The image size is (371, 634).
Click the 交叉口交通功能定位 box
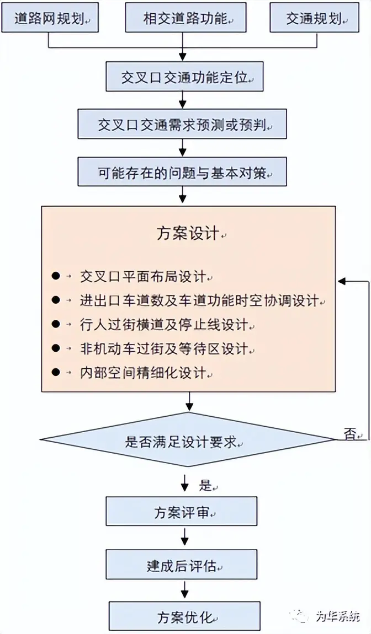click(184, 77)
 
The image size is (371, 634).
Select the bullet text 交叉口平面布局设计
click(143, 276)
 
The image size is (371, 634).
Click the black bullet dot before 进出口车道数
click(55, 300)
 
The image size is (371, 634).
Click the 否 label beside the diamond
click(350, 434)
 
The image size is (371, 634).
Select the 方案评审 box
click(182, 512)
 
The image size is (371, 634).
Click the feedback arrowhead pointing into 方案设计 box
click(342, 281)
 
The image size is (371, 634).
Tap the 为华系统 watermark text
click(337, 615)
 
